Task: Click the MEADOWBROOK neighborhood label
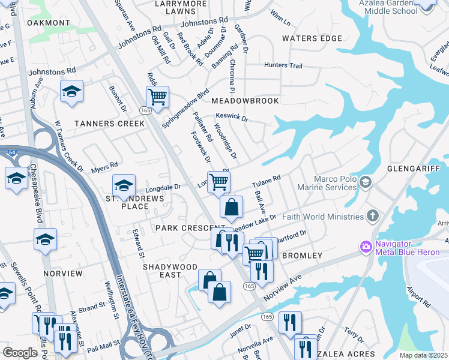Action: click(x=246, y=101)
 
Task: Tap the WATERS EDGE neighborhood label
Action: click(x=312, y=39)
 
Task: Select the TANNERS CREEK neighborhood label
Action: click(x=109, y=124)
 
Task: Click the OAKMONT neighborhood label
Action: click(x=49, y=23)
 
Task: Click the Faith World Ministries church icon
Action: click(x=372, y=216)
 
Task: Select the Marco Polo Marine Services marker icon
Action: click(x=366, y=181)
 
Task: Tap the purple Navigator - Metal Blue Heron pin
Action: click(x=366, y=247)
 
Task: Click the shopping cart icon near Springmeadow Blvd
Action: click(x=157, y=97)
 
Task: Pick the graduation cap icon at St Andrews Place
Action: click(x=124, y=185)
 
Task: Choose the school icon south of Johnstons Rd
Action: click(x=71, y=91)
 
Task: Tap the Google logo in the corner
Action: click(x=20, y=353)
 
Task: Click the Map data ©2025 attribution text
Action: click(x=423, y=355)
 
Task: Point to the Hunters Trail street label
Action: click(x=283, y=65)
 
